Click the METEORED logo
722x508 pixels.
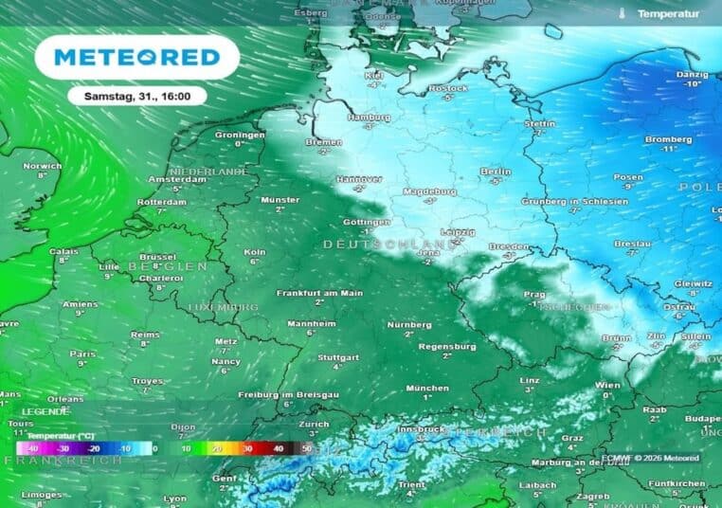point(137,57)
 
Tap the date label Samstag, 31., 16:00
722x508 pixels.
point(137,96)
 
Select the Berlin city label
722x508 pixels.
point(496,172)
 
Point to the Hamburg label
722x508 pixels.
point(370,118)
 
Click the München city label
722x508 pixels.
point(427,388)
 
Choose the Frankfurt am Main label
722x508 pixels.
point(319,294)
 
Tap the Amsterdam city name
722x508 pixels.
point(177,179)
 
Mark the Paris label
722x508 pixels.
point(82,354)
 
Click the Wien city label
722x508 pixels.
point(608,385)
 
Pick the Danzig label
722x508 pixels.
point(693,74)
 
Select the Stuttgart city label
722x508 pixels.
point(338,357)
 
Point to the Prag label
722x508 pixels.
point(537,295)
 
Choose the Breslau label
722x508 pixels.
point(632,244)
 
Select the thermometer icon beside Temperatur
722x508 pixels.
point(622,14)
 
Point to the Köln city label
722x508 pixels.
point(254,252)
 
